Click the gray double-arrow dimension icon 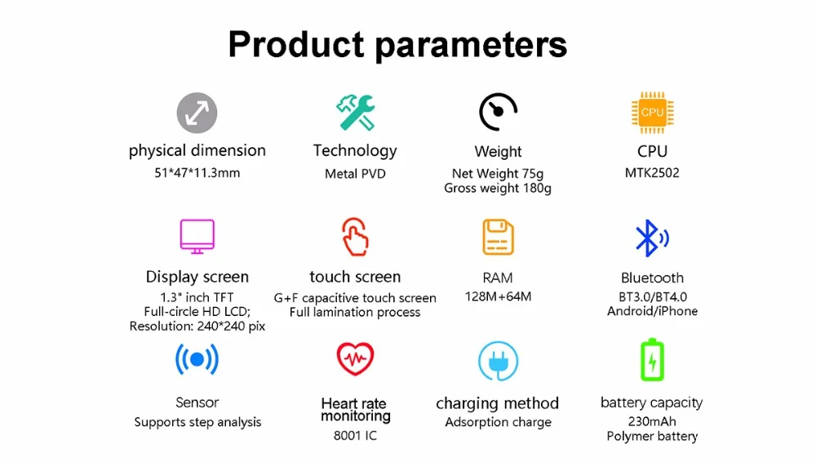(x=197, y=113)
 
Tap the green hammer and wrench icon (x=356, y=113)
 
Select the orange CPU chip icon (x=652, y=113)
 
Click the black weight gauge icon (x=498, y=112)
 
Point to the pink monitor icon (x=197, y=237)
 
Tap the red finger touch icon (x=355, y=237)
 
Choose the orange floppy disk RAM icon (x=498, y=238)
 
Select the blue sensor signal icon (x=197, y=359)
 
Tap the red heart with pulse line (x=355, y=359)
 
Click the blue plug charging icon (x=498, y=361)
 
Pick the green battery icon (x=652, y=360)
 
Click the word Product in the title (x=296, y=44)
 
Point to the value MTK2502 (x=652, y=173)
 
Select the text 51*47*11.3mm (x=197, y=173)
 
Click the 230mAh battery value (x=652, y=421)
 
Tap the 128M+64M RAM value (x=498, y=296)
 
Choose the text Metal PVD (x=356, y=174)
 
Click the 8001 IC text (x=355, y=435)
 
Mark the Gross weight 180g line (x=498, y=189)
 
